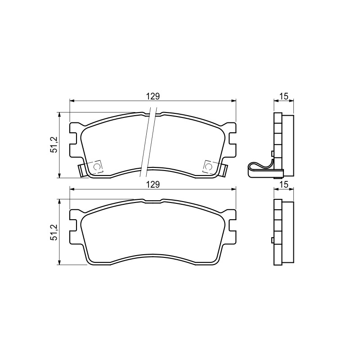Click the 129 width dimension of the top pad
(153, 96)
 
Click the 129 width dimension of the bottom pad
(153, 184)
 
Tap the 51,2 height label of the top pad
(54, 144)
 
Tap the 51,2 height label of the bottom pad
(54, 232)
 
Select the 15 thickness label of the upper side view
(284, 96)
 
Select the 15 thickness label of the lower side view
(284, 184)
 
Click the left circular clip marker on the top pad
(97, 166)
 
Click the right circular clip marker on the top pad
(208, 166)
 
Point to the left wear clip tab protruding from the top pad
(81, 171)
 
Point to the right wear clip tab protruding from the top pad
(224, 171)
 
